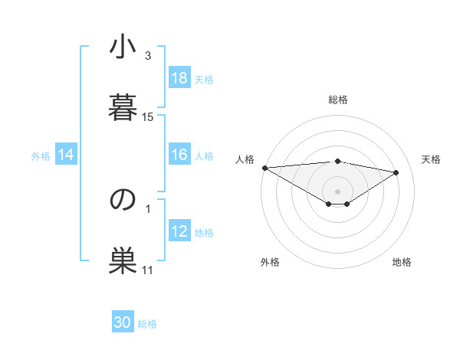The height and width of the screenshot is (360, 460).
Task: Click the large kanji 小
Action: click(123, 48)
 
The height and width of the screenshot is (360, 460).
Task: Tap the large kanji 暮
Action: click(123, 106)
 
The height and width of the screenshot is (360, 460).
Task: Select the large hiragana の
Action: click(123, 199)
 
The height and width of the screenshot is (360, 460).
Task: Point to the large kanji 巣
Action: click(123, 258)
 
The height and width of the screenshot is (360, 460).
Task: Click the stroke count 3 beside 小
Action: click(148, 56)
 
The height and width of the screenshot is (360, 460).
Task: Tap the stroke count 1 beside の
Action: click(148, 208)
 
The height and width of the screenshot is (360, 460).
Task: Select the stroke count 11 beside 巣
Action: click(148, 270)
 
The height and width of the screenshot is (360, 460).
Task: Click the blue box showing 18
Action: click(179, 78)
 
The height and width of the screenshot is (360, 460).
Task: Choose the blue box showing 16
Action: click(179, 155)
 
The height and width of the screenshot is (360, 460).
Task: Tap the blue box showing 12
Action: click(179, 231)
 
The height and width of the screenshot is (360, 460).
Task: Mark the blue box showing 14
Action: click(66, 155)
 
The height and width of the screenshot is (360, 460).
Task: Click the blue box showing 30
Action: click(123, 322)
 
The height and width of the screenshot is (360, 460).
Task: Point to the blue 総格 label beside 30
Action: click(147, 324)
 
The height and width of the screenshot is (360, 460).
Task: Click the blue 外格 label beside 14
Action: click(41, 156)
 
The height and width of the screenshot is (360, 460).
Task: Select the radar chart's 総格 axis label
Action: click(337, 100)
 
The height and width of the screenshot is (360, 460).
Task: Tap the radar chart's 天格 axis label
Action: click(431, 159)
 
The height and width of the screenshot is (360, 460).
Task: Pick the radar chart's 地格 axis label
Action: click(402, 263)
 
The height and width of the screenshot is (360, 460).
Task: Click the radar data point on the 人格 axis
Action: click(264, 168)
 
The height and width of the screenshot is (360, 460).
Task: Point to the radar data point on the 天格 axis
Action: click(396, 172)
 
